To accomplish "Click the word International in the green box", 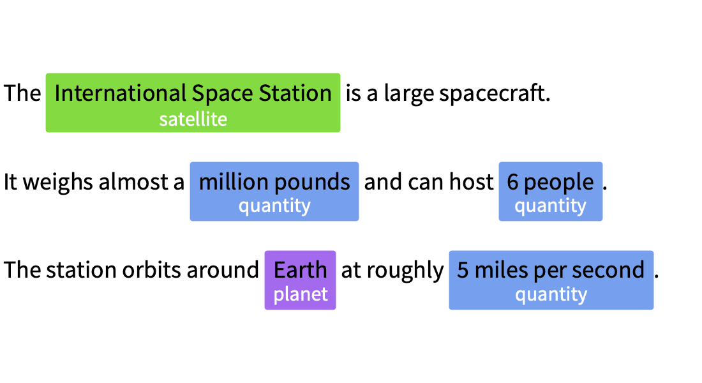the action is [121, 93].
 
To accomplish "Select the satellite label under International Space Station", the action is [193, 119].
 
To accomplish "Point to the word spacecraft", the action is [494, 94].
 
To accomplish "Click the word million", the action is [233, 182].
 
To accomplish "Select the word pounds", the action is [312, 183].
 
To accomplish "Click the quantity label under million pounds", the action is [274, 206].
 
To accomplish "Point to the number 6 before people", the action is [512, 182].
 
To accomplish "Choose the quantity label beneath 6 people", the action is [550, 206].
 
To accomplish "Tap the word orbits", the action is [151, 270].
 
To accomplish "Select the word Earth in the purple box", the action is [301, 270].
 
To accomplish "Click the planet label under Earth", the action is [301, 295].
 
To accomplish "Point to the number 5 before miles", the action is [463, 270].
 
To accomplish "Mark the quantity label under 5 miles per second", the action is [551, 295].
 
